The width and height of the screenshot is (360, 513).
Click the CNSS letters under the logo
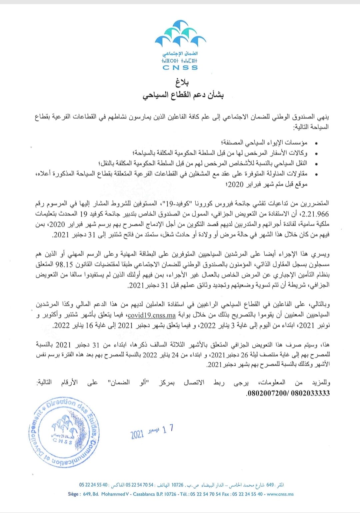pyautogui.click(x=180, y=67)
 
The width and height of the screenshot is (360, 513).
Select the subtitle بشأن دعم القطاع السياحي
pyautogui.click(x=183, y=96)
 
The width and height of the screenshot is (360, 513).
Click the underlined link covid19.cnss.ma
pyautogui.click(x=152, y=315)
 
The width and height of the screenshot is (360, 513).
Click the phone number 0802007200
pyautogui.click(x=266, y=393)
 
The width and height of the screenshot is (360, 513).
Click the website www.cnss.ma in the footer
pyautogui.click(x=280, y=494)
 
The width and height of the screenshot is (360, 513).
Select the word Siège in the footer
pyautogui.click(x=73, y=494)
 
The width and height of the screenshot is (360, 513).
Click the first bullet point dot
pyautogui.click(x=316, y=143)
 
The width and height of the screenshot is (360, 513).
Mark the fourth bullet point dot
pyautogui.click(x=316, y=174)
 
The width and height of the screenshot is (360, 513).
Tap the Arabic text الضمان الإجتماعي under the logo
pyautogui.click(x=180, y=54)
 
